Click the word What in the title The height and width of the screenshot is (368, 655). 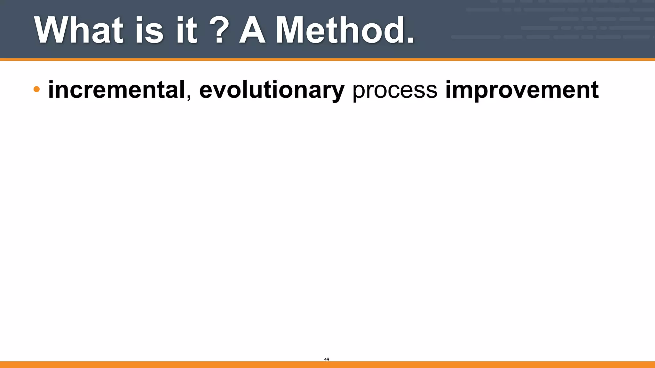pyautogui.click(x=79, y=30)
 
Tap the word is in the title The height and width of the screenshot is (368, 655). pyautogui.click(x=149, y=30)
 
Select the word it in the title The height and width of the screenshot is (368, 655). pyautogui.click(x=186, y=30)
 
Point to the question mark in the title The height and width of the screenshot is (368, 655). pyautogui.click(x=219, y=30)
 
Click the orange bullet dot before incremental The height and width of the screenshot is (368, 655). pyautogui.click(x=36, y=89)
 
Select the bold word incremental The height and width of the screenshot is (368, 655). pyautogui.click(x=117, y=90)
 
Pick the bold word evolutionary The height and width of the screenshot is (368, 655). pyautogui.click(x=272, y=90)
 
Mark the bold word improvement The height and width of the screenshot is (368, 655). pyautogui.click(x=522, y=90)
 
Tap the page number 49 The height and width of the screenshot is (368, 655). pyautogui.click(x=327, y=359)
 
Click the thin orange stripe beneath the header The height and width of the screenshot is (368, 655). pyautogui.click(x=327, y=59)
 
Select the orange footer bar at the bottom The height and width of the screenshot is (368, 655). pyautogui.click(x=327, y=364)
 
